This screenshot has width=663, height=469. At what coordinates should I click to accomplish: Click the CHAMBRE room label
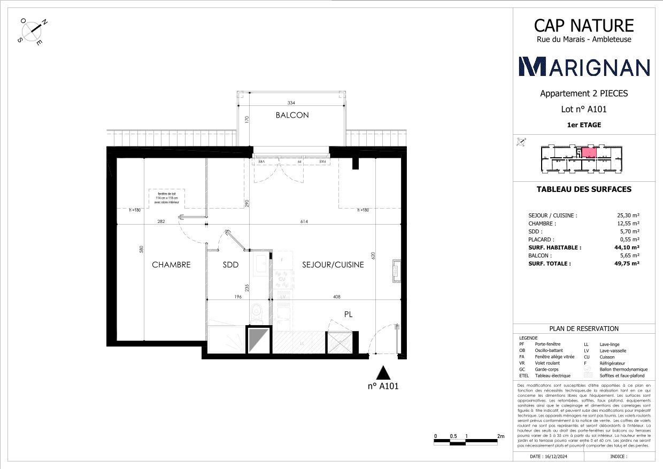(171, 265)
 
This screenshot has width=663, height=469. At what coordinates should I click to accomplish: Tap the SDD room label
(230, 265)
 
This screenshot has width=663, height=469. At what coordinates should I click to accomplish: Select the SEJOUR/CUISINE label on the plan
(333, 265)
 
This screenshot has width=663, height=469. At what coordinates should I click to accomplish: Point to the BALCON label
(292, 115)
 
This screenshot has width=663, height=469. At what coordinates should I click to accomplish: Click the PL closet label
(348, 315)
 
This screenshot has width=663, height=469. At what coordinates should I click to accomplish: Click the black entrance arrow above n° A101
(383, 373)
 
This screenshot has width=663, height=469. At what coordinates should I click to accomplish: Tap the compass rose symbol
(34, 32)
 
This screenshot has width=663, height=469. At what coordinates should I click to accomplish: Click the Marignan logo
(584, 66)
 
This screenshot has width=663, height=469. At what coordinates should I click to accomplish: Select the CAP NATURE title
(584, 25)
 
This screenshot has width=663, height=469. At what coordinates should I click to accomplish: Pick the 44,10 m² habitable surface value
(628, 248)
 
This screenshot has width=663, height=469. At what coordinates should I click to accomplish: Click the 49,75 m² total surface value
(628, 264)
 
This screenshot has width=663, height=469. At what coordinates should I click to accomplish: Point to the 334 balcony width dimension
(291, 103)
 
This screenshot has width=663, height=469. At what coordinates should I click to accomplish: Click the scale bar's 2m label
(500, 436)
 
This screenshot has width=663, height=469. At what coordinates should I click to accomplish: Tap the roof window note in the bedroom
(167, 198)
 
